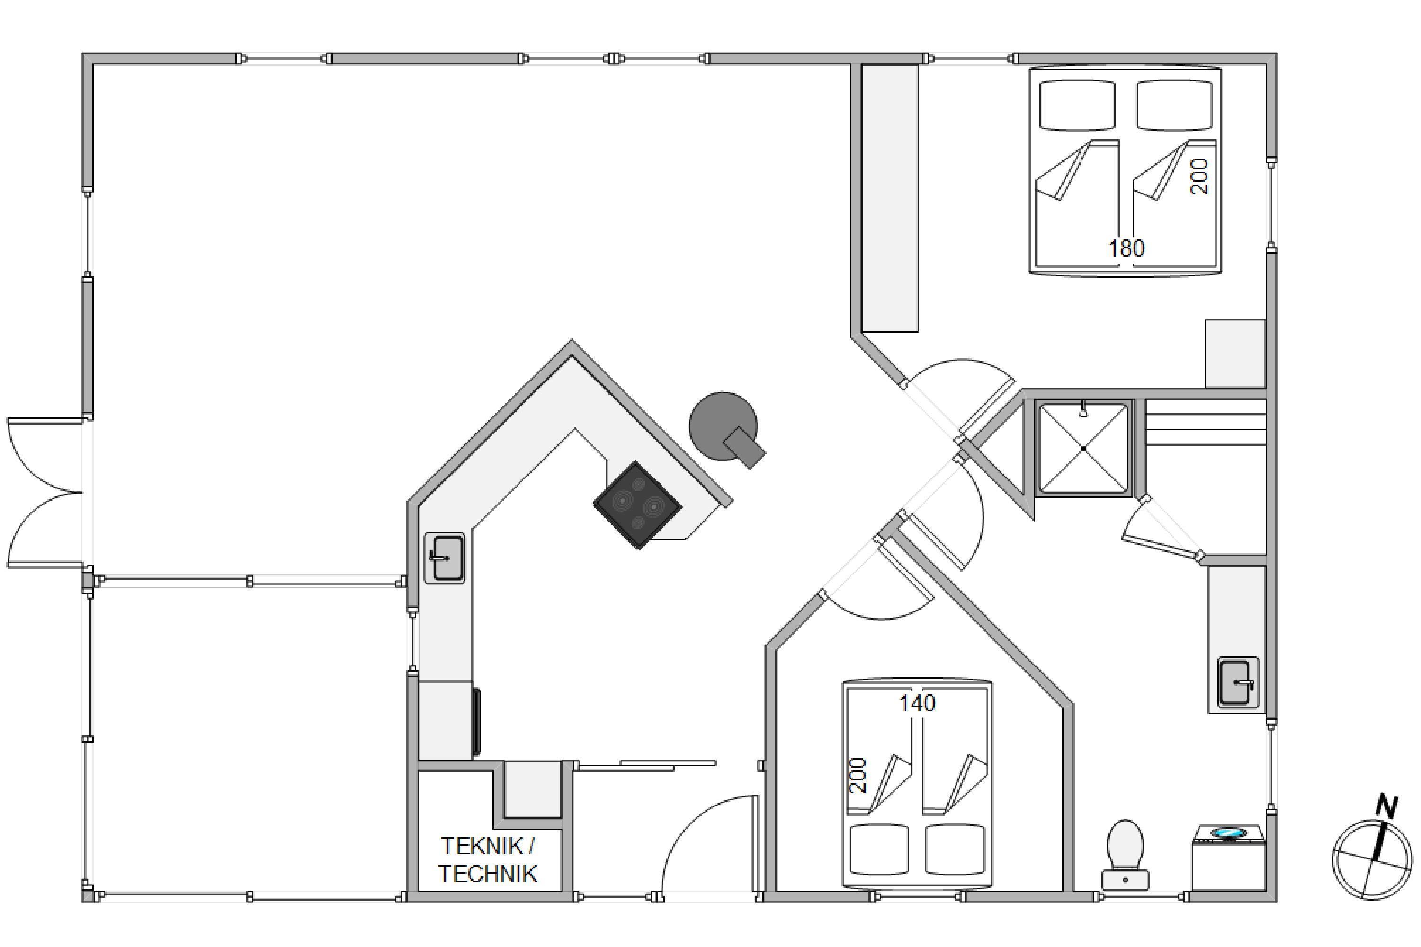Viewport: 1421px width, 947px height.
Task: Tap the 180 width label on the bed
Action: [1126, 248]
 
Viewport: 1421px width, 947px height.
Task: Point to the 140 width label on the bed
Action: [917, 703]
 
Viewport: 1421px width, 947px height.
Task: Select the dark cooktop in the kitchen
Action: [637, 505]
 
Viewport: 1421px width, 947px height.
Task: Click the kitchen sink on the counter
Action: [445, 558]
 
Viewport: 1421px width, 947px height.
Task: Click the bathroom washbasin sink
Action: [1238, 682]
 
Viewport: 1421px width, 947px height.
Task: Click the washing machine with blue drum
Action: [1229, 857]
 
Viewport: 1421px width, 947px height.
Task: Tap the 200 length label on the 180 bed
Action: [1199, 177]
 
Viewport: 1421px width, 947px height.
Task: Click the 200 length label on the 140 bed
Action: [858, 776]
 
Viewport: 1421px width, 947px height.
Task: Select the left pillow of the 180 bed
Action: [1077, 106]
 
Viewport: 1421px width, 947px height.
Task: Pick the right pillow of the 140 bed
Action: [955, 850]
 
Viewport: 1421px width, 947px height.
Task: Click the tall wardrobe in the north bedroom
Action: [890, 198]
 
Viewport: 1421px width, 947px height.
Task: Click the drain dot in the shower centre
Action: [1083, 449]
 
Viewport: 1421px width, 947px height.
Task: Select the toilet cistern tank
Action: [1125, 880]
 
